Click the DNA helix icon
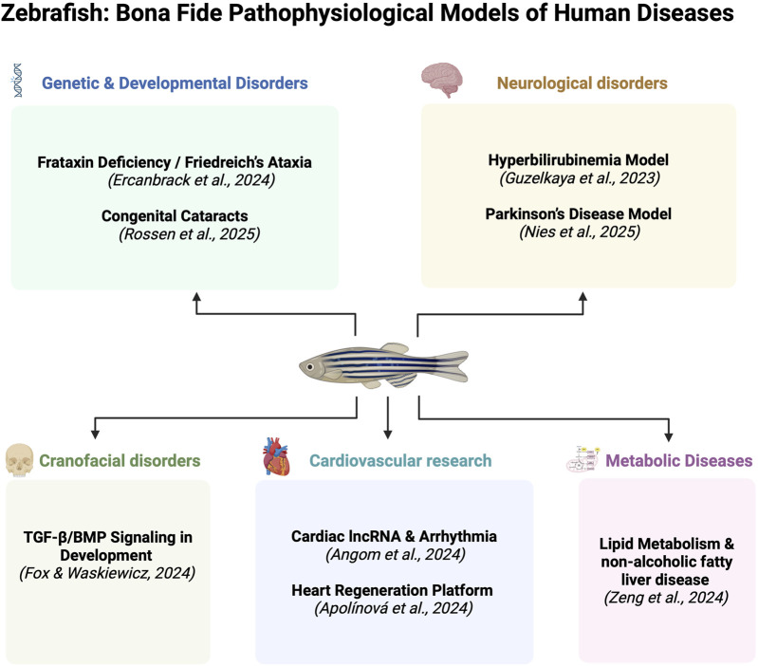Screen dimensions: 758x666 pos(18,81)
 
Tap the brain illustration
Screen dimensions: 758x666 pos(442,81)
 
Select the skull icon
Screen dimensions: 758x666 pos(19,460)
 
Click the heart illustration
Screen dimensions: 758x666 pos(276,456)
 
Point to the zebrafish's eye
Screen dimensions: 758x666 pos(309,367)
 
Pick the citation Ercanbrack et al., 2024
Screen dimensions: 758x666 pos(192,180)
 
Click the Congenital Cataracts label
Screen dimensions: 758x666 pos(175,215)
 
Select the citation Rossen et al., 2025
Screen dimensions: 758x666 pos(190,234)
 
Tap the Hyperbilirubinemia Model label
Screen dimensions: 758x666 pos(579,160)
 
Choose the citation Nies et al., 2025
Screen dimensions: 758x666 pos(580,232)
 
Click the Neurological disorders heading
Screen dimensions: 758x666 pos(582,83)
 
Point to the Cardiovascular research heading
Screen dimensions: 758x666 pos(400,460)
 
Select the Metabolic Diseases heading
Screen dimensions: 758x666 pos(679,460)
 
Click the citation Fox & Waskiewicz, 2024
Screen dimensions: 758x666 pos(107,573)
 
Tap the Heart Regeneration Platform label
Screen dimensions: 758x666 pos(392,590)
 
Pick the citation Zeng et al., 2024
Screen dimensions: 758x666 pos(666,598)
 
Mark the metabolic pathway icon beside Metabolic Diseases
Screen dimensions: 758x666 pos(583,458)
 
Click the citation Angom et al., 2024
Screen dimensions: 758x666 pos(396,554)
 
